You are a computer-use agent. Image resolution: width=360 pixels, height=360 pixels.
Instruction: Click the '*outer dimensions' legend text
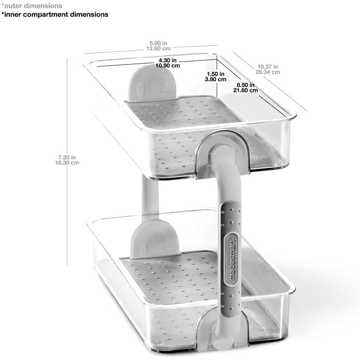[x=32, y=6]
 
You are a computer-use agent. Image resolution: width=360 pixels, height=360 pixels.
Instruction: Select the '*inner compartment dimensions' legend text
[x=55, y=14]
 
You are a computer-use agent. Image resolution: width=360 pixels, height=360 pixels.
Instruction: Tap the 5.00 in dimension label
[x=158, y=43]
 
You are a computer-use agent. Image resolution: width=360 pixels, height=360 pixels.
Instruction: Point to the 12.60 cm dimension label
[x=158, y=48]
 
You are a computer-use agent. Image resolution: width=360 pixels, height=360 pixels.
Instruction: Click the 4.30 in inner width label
[x=167, y=60]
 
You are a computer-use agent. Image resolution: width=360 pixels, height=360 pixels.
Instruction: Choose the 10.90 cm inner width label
[x=167, y=66]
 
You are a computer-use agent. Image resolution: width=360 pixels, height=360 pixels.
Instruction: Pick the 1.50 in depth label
[x=216, y=74]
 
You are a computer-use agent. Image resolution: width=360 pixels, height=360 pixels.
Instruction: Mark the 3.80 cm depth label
[x=216, y=79]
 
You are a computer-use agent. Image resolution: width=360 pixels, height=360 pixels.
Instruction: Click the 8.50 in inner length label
[x=246, y=85]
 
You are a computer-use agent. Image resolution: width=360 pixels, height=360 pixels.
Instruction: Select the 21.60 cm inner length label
[x=246, y=90]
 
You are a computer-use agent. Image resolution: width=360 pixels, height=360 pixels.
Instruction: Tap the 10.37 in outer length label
[x=268, y=67]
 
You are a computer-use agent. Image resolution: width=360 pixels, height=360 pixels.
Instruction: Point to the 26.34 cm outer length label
[x=268, y=72]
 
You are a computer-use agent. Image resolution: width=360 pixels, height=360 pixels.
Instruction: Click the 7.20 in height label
[x=67, y=157]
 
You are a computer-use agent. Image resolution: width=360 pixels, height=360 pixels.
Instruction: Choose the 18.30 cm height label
[x=67, y=163]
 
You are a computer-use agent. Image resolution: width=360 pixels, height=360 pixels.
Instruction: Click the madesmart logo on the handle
[x=231, y=259]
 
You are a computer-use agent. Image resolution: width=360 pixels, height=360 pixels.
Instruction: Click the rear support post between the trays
[x=150, y=197]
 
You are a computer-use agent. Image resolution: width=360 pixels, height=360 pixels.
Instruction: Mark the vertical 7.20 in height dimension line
[x=67, y=162]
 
